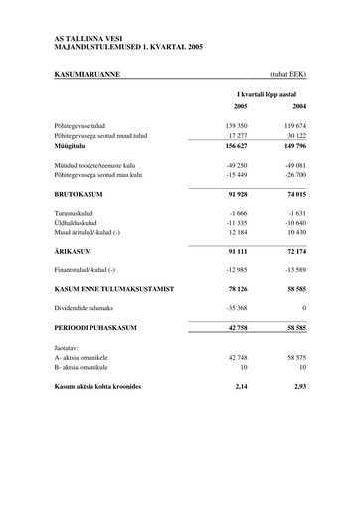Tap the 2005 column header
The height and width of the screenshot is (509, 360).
point(240,104)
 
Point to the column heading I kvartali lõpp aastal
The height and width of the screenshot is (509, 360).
point(269,90)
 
